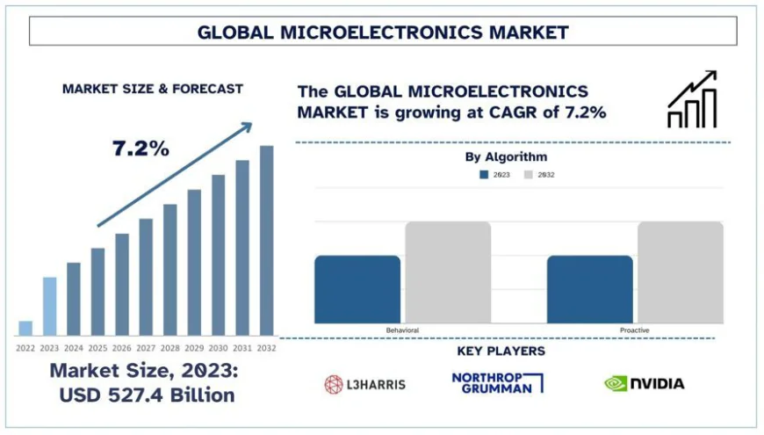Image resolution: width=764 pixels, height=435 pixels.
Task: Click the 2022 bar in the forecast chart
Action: point(25,328)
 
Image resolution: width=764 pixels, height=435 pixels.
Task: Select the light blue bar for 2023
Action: point(50,306)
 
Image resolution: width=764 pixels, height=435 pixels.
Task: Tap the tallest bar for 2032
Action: point(266,240)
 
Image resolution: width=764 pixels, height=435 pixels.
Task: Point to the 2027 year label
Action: point(146,348)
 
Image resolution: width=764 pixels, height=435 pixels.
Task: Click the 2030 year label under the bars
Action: point(218,348)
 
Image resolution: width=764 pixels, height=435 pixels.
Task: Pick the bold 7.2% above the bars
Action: point(141,149)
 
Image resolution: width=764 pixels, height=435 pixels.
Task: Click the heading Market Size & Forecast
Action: point(152,89)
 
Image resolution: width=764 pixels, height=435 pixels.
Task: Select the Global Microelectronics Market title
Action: point(382,32)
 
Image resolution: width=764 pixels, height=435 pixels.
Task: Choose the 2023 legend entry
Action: point(495,175)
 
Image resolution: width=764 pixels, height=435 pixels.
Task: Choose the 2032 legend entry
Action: point(540,175)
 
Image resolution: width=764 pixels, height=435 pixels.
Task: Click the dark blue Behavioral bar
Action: point(357,289)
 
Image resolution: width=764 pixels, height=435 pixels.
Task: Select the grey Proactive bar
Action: point(680,272)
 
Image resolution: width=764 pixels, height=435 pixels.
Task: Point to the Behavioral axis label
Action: point(402,330)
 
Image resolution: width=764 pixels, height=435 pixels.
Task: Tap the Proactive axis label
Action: point(635,330)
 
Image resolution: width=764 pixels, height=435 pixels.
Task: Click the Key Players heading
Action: point(501,352)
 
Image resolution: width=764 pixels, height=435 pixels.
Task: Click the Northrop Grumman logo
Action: point(498,382)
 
